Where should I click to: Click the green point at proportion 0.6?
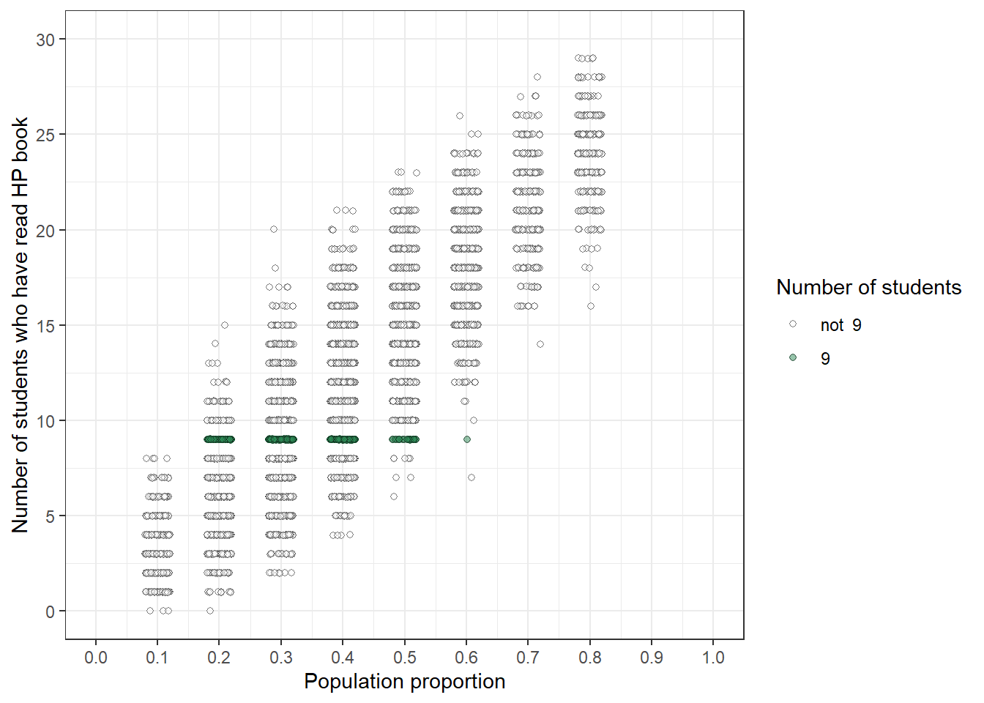click(x=467, y=439)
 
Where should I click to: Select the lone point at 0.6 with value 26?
click(x=460, y=116)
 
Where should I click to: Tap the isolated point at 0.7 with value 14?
click(x=540, y=344)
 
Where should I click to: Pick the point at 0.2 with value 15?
click(x=225, y=325)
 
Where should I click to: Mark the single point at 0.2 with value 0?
click(x=210, y=611)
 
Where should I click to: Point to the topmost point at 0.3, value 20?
click(x=274, y=229)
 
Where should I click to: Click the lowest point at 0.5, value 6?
click(x=394, y=496)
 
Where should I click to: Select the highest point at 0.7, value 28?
click(x=537, y=77)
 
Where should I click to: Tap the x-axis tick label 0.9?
click(x=652, y=658)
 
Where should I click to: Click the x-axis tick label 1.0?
click(x=713, y=658)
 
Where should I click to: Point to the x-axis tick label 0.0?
click(x=95, y=658)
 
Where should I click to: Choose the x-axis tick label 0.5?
click(x=404, y=658)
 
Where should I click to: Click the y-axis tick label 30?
click(x=45, y=40)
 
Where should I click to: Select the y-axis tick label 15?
click(x=45, y=326)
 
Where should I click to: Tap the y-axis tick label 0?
click(x=50, y=611)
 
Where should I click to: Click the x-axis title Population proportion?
click(x=404, y=682)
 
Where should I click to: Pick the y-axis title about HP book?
click(x=20, y=325)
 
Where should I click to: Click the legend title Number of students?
click(x=868, y=287)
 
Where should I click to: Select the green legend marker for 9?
click(x=793, y=357)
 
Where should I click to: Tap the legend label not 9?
click(x=840, y=325)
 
